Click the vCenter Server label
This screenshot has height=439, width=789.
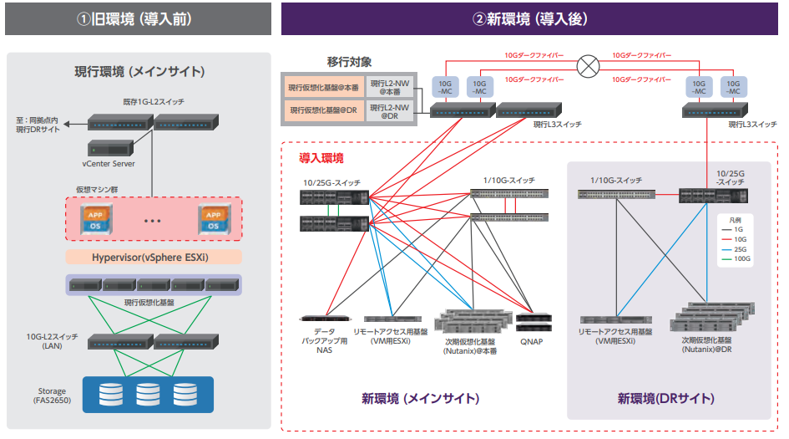[x=111, y=164]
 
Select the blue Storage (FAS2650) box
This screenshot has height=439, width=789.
[x=148, y=393]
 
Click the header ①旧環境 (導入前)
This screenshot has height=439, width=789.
[x=138, y=18]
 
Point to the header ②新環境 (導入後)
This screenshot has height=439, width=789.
[x=530, y=18]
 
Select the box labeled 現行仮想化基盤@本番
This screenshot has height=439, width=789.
[x=324, y=87]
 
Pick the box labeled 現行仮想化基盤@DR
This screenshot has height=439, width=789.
[x=324, y=110]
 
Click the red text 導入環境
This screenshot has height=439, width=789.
[x=321, y=156]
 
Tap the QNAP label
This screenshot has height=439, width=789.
[x=533, y=341]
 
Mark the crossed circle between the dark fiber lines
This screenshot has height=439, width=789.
[x=590, y=66]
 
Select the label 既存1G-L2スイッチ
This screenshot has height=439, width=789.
[x=153, y=102]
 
